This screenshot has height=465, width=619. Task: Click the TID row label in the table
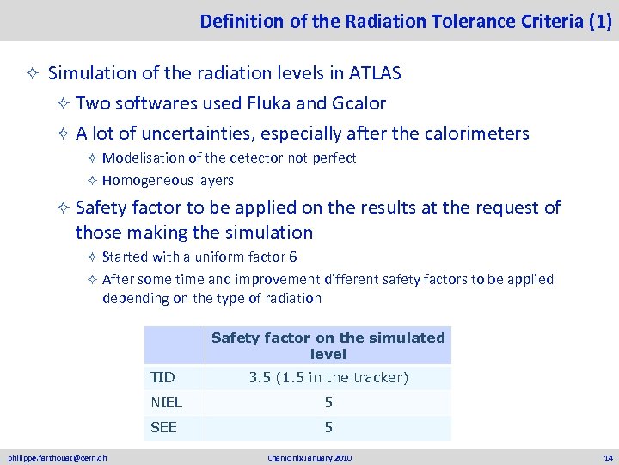162,377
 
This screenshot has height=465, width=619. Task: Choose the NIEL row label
165,402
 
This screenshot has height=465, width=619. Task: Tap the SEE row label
163,427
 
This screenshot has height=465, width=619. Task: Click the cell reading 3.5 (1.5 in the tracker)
328,377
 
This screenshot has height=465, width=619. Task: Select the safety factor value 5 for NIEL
328,402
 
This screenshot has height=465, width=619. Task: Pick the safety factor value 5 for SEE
328,427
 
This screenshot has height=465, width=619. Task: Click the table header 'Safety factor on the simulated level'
328,345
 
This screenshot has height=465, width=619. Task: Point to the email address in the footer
58,456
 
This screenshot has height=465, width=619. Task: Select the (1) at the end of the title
600,21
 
